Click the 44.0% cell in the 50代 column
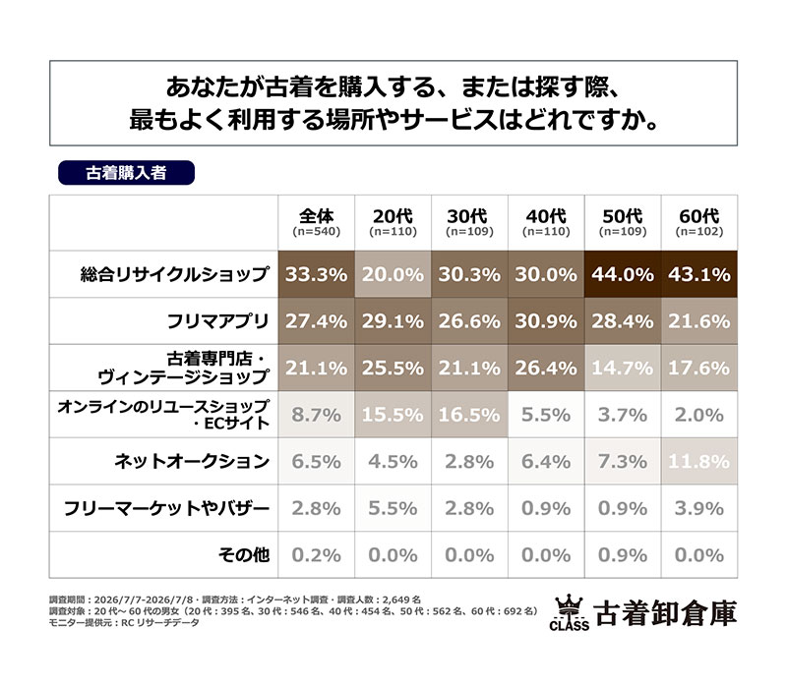pos(623,274)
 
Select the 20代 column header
pos(393,222)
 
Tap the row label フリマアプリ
pos(217,321)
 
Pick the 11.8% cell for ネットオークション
pos(699,461)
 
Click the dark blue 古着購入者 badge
pos(126,173)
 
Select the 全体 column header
pos(316,222)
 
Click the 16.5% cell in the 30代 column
pos(469,415)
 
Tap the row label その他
pos(244,555)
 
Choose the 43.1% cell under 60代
pos(699,274)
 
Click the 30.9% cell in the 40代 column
pos(546,321)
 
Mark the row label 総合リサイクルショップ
pos(175,274)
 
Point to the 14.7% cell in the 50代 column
pos(623,369)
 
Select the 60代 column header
pos(699,222)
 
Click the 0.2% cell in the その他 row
pos(316,555)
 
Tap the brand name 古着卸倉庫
pos(666,613)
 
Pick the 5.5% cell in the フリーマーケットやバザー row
pos(393,508)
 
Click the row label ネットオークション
pos(192,461)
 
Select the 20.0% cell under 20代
pos(393,274)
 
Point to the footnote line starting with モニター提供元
pos(124,623)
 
